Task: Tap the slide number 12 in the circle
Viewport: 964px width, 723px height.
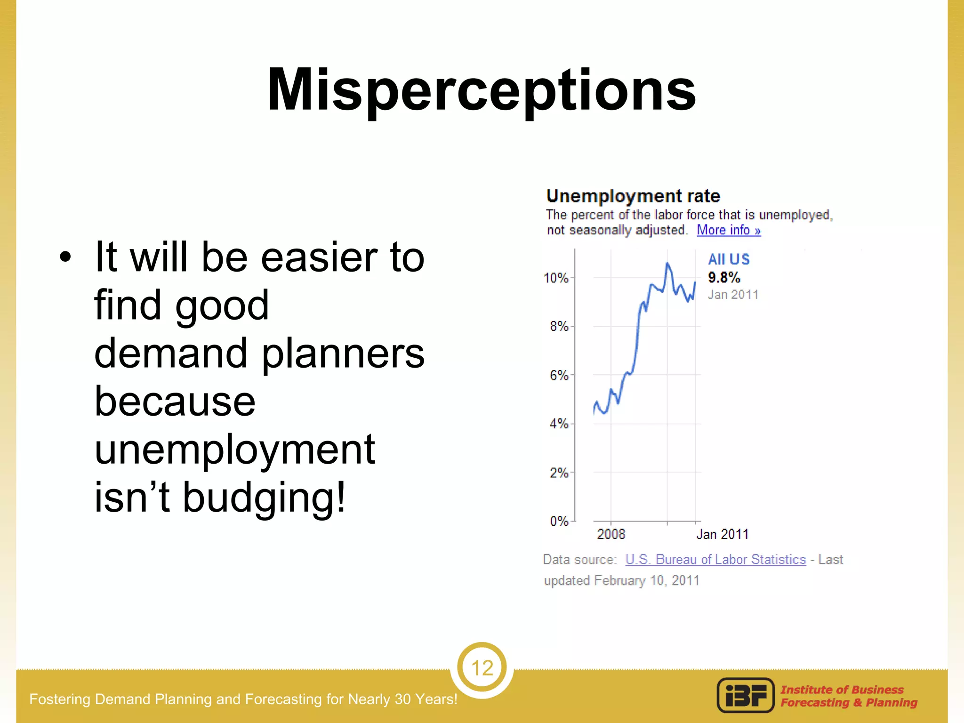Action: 482,668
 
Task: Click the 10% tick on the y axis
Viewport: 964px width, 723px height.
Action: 556,278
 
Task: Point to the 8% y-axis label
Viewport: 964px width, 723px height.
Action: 559,326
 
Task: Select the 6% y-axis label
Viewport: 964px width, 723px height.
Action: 559,375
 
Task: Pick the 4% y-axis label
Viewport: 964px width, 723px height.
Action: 559,424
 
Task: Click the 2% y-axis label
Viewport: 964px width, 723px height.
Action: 559,473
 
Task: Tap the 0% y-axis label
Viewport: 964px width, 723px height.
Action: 559,521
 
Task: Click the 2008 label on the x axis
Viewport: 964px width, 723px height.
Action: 611,534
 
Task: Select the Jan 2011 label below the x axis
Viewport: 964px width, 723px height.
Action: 722,534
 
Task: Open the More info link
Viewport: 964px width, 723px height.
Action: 729,230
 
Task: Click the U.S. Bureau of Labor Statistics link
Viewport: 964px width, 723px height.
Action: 715,559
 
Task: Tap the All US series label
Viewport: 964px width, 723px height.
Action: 729,259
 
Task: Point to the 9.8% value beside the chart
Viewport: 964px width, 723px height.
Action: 724,277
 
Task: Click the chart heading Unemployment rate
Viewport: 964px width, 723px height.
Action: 633,196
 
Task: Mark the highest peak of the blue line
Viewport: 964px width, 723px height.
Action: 667,263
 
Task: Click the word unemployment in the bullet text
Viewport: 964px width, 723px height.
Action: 234,450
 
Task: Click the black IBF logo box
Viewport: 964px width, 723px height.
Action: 746,695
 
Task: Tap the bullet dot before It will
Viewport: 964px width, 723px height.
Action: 65,257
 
